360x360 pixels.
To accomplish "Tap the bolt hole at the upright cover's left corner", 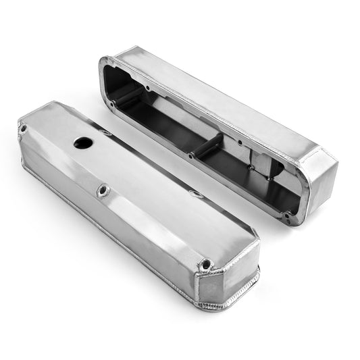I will [24, 128].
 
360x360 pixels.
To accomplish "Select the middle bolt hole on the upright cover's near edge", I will [103, 191].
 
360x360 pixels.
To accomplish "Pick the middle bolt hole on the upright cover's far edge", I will [197, 195].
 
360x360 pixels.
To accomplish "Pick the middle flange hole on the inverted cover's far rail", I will [240, 143].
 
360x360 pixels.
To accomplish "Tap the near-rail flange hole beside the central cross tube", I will [190, 155].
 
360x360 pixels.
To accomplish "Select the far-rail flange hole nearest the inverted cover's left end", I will [147, 87].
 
